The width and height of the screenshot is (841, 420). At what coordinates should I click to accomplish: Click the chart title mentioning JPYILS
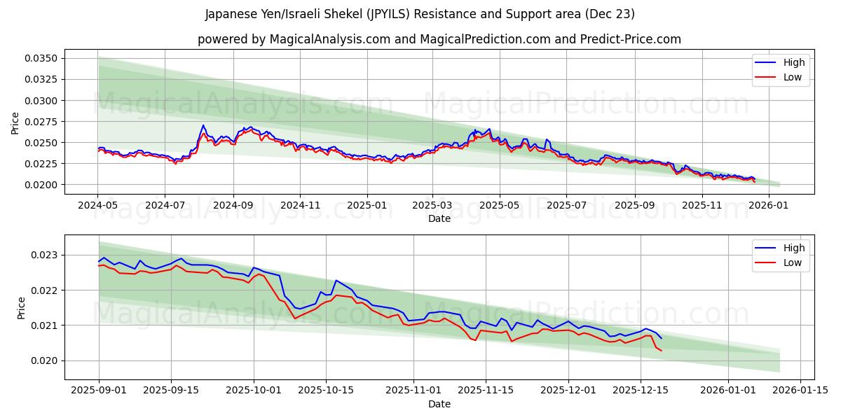420,14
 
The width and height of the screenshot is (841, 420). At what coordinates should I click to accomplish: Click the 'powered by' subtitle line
439,39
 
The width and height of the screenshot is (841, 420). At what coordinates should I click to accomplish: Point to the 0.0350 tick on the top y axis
43,58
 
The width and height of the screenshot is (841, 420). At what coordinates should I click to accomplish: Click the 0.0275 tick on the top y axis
43,122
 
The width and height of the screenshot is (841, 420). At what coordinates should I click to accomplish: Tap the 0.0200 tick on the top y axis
43,185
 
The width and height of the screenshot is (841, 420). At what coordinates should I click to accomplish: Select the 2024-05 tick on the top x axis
98,206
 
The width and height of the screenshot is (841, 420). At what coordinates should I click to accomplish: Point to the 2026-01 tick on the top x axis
769,206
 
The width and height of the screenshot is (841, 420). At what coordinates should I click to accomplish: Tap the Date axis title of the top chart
439,218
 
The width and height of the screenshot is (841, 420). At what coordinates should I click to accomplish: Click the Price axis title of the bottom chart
21,307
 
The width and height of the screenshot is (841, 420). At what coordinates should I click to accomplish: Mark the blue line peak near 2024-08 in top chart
203,125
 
